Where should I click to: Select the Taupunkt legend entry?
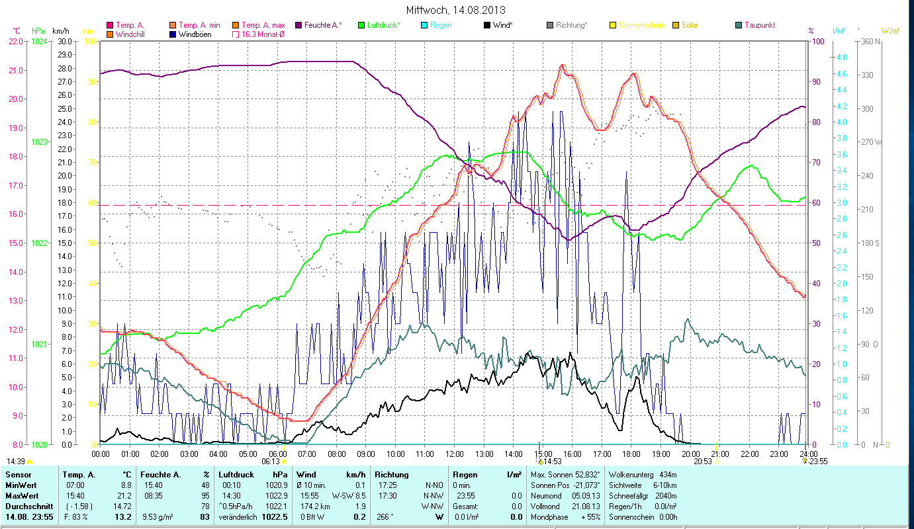coord(759,25)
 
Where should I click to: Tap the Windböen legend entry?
coord(195,34)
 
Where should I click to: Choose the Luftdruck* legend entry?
coord(383,25)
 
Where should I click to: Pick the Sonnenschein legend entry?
coord(641,25)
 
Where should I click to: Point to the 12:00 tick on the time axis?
coord(455,454)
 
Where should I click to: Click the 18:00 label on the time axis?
coord(631,454)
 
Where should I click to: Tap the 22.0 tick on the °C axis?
coord(16,41)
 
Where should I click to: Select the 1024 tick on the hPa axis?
coord(40,41)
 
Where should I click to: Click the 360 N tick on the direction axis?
coord(869,41)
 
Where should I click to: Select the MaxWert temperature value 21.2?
coord(125,495)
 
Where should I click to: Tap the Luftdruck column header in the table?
coord(236,475)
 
